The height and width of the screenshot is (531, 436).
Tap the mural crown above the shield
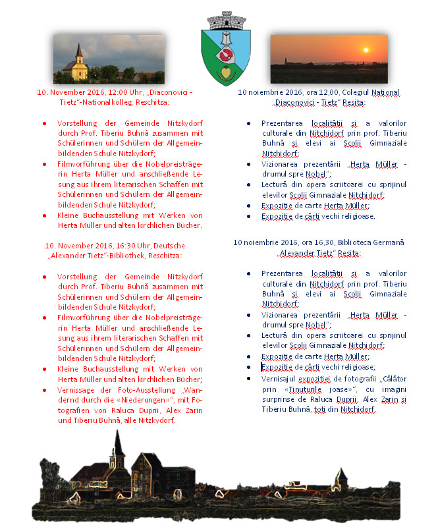pos(225,18)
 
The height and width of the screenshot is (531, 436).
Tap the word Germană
pos(388,242)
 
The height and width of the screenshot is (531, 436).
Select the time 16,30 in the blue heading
pos(316,242)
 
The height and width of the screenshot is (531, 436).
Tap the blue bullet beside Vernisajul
pos(248,379)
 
